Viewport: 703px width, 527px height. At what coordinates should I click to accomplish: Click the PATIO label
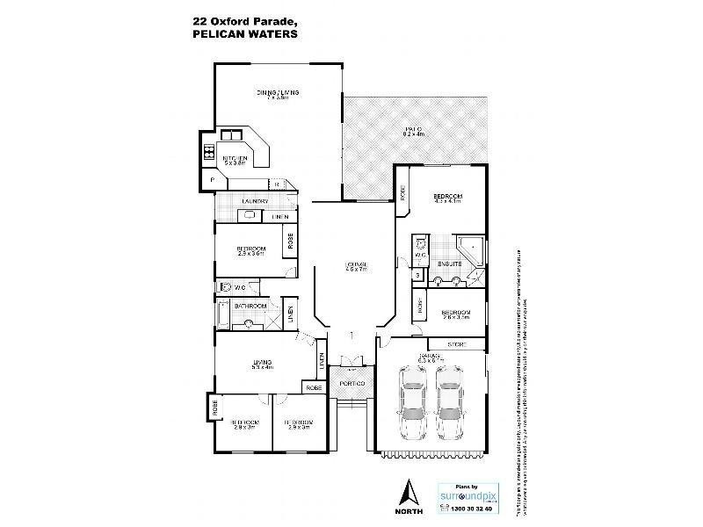pyautogui.click(x=413, y=129)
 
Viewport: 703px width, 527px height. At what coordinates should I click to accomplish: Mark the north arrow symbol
pyautogui.click(x=406, y=492)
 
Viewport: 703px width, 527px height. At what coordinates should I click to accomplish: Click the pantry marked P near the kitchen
pyautogui.click(x=212, y=181)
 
